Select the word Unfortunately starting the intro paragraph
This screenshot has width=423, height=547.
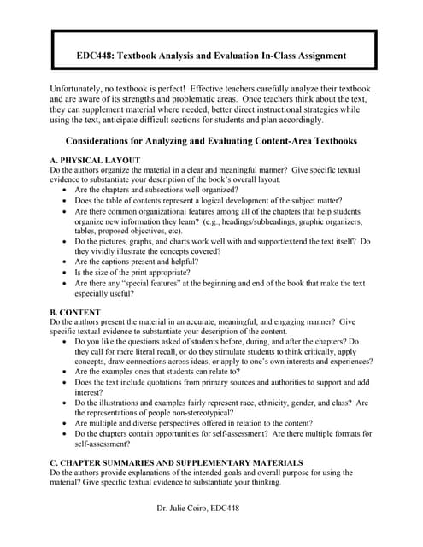83,89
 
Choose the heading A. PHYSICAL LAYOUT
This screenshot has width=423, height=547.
96,161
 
